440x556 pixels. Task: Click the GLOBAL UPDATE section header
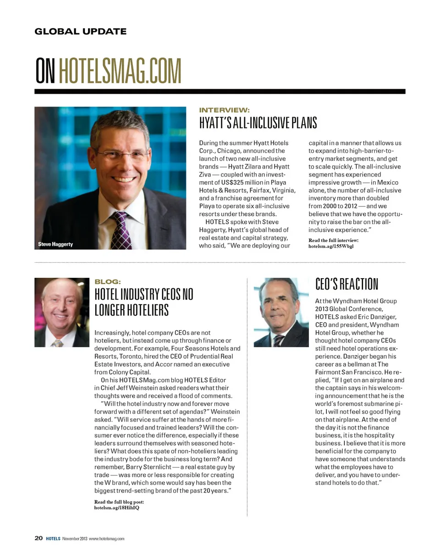click(80, 32)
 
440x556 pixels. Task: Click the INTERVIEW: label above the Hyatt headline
click(224, 110)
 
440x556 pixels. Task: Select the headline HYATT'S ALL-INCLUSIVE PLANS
click(258, 123)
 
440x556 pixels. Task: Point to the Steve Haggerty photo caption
click(55, 244)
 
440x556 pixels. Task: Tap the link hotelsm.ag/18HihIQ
click(116, 507)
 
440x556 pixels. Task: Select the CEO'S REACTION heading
click(347, 284)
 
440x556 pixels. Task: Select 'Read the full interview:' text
click(334, 240)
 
